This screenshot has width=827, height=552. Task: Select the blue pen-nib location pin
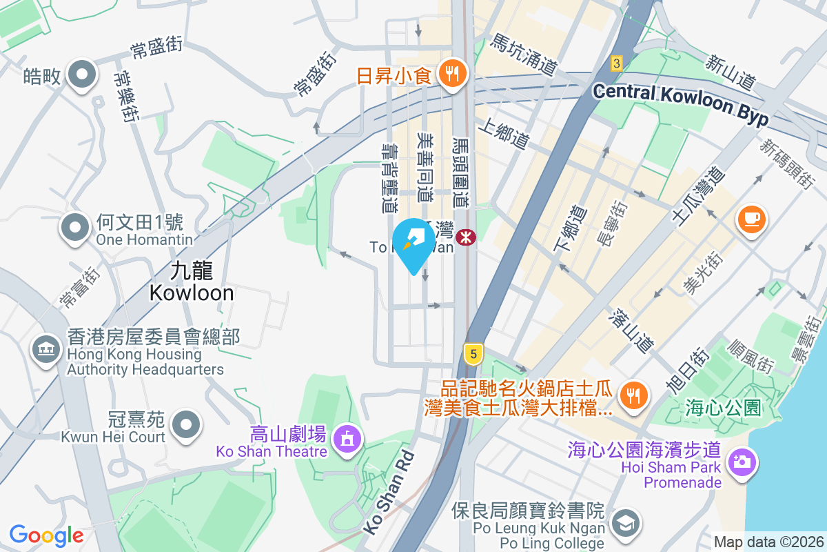pos(413,244)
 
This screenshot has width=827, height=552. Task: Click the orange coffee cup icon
pos(751,219)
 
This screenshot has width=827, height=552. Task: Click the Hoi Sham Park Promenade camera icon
pos(742,461)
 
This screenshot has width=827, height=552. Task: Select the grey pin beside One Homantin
pos(75,227)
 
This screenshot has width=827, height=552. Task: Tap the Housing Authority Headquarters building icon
pos(46,350)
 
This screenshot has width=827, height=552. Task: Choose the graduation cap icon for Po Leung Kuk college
pos(625,522)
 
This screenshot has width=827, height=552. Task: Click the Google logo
pos(46,535)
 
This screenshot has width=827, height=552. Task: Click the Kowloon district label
pos(191,283)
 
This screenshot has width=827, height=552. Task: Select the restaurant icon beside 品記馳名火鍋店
pos(632,394)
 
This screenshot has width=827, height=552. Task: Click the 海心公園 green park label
pos(723,408)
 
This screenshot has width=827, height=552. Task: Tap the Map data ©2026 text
pos(768,542)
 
